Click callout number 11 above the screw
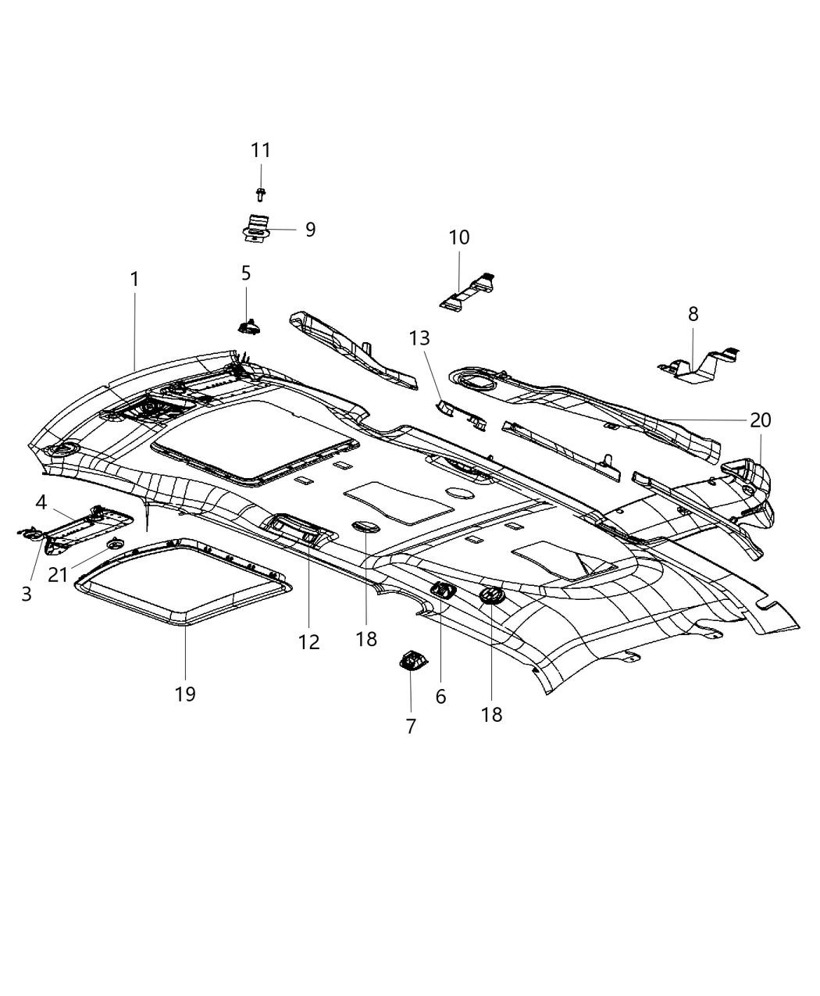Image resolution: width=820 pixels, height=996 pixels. (x=260, y=150)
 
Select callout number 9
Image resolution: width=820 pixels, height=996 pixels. (x=310, y=230)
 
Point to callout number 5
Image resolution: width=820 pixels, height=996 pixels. (x=246, y=273)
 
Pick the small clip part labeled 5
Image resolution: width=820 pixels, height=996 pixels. (x=249, y=326)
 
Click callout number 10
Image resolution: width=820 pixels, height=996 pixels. (x=459, y=237)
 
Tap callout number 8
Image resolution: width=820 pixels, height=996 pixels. (x=693, y=314)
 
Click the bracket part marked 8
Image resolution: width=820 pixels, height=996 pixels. (x=699, y=366)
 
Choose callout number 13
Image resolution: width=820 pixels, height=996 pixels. (x=419, y=338)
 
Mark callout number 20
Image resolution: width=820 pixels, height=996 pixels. (x=760, y=420)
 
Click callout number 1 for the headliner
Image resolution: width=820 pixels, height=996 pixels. (x=134, y=279)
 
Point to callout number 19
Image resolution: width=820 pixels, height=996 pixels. (x=185, y=694)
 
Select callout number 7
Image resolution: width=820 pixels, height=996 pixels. (x=411, y=726)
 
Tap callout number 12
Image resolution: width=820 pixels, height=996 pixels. (x=308, y=642)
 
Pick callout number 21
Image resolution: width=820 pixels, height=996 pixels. (x=58, y=575)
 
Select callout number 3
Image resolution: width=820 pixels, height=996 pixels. (x=26, y=594)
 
